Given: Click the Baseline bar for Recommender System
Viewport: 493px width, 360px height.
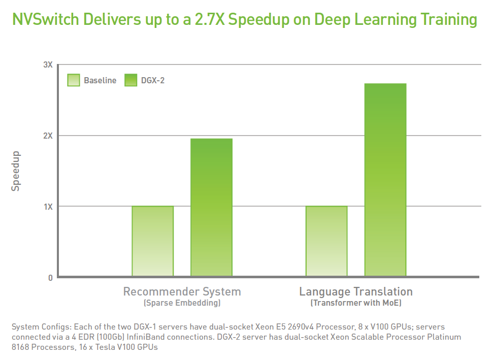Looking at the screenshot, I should (152, 241).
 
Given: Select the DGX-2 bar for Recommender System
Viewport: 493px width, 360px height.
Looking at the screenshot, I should (211, 208).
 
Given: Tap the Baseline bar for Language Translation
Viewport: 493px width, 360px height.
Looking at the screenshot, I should (326, 241).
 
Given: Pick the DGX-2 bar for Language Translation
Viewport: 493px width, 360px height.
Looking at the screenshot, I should (385, 180).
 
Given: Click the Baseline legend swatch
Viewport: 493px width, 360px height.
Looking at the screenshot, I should (74, 80).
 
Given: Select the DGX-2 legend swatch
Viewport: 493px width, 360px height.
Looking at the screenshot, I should (130, 80).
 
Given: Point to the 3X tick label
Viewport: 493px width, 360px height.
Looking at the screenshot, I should (48, 65).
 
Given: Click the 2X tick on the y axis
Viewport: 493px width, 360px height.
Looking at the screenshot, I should (48, 136).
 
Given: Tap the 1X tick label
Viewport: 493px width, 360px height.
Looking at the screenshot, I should (48, 207).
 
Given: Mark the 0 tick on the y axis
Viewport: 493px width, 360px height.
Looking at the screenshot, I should (50, 278).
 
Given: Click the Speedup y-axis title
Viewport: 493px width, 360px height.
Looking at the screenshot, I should (16, 171).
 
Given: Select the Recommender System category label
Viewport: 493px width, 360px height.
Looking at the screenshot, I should (182, 292).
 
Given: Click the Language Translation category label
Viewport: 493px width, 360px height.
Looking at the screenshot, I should (355, 292).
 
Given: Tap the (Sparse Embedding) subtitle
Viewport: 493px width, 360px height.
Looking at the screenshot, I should (182, 303).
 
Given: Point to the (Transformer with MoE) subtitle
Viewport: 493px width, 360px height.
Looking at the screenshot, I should (355, 303).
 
